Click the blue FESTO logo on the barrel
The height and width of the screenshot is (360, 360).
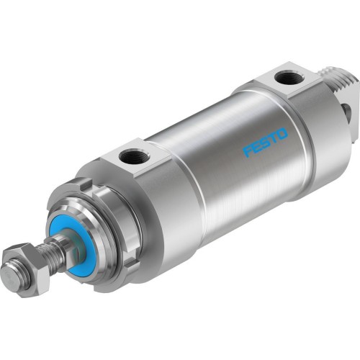(265, 142)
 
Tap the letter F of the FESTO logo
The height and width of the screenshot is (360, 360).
(247, 151)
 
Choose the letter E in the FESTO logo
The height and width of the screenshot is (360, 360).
(256, 147)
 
